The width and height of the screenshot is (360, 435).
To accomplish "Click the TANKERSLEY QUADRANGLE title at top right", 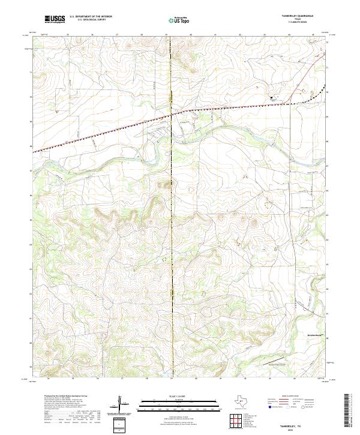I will click(x=299, y=17).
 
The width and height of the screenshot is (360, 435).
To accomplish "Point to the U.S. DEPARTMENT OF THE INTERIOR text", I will click(x=90, y=17).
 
